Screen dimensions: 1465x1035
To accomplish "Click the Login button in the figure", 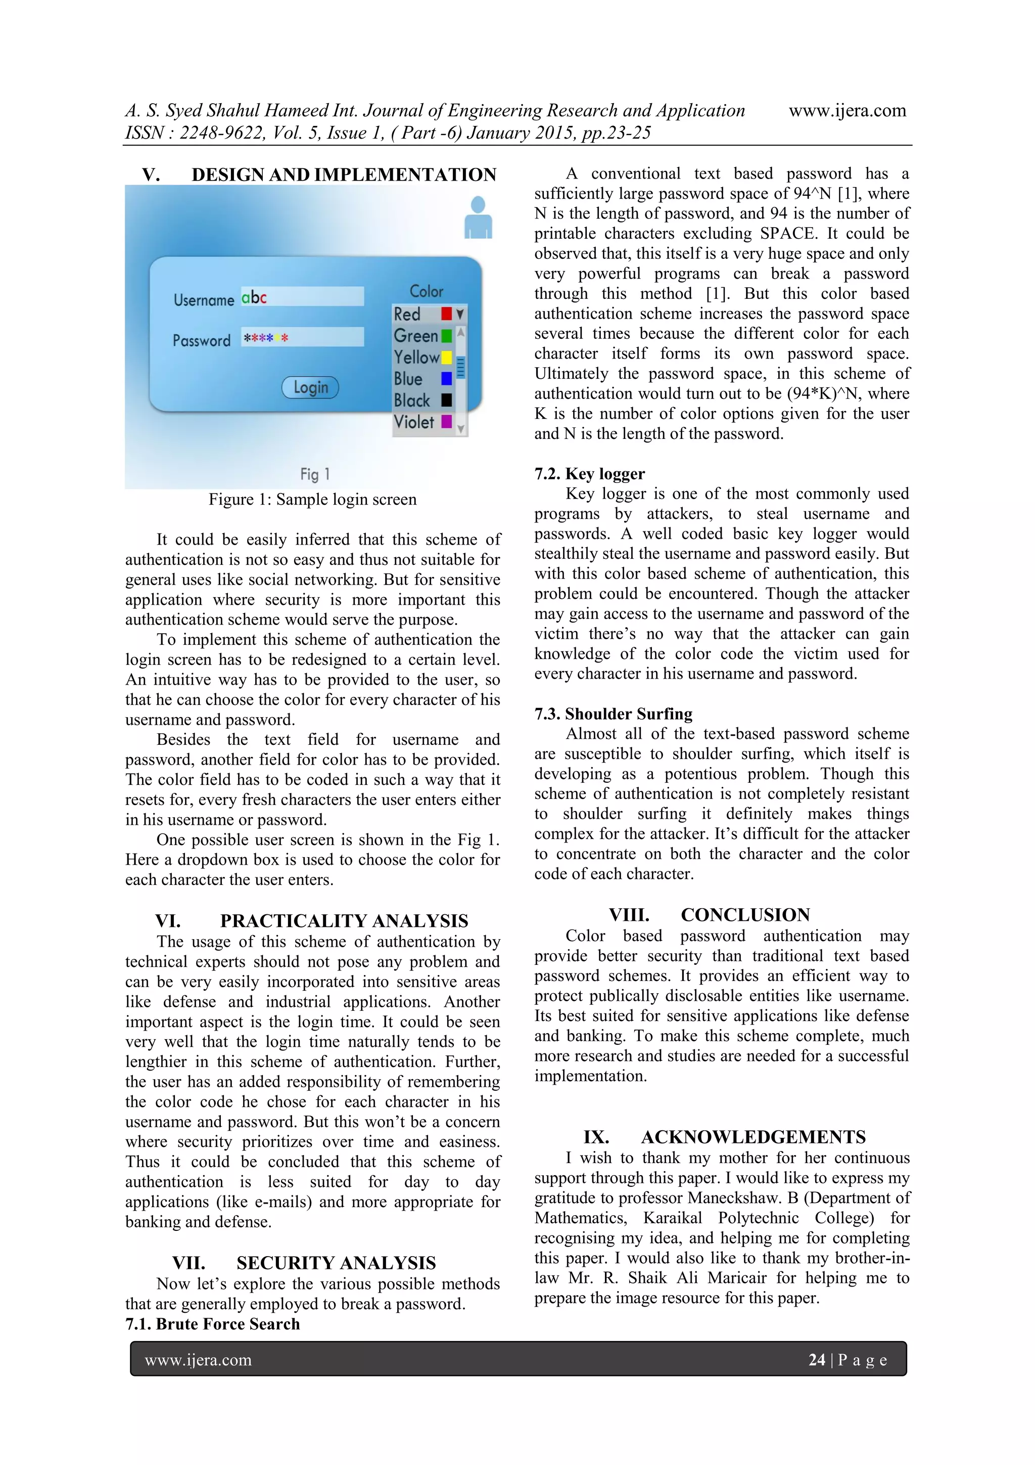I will (311, 387).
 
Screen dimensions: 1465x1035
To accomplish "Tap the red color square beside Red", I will (446, 314).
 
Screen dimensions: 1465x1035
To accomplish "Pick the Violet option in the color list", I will (414, 422).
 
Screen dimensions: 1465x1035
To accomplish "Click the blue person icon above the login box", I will (478, 218).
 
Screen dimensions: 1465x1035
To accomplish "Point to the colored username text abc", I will (254, 297).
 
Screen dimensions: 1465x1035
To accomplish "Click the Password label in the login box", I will (202, 340).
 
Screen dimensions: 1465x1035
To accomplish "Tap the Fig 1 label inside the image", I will (314, 474).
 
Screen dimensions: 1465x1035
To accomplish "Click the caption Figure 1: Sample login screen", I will (312, 500).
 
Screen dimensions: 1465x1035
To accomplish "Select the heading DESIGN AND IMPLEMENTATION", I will (344, 175).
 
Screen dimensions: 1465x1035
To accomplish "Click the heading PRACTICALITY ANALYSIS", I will (344, 921).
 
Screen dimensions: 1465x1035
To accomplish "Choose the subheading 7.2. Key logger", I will (589, 473).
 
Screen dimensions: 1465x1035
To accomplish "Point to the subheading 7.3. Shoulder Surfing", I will (613, 714).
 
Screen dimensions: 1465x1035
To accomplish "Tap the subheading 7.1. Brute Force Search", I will (212, 1324).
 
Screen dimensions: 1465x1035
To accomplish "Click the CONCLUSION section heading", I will (745, 915).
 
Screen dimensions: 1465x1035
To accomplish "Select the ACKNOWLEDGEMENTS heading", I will (753, 1137).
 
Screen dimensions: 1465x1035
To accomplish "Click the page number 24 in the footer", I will (816, 1360).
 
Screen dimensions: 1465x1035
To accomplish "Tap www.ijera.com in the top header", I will (847, 110).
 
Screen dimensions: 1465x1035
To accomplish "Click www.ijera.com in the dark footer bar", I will (198, 1360).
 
